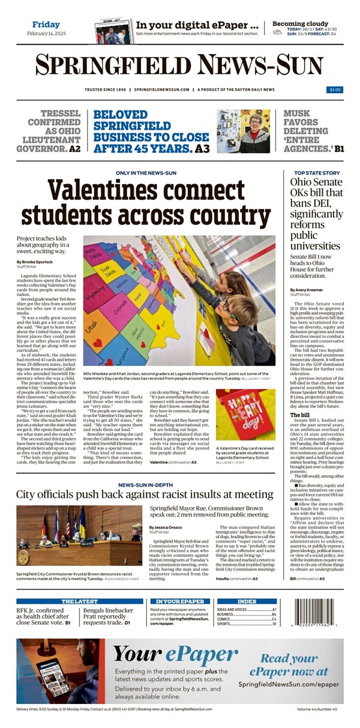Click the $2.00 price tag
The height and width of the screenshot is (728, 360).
335,89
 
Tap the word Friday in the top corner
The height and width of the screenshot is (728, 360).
46,25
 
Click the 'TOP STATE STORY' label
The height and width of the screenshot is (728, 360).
316,173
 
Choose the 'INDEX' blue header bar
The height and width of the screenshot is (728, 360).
247,601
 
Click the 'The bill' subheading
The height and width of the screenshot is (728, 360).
299,415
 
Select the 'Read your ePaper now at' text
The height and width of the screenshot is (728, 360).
294,665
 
